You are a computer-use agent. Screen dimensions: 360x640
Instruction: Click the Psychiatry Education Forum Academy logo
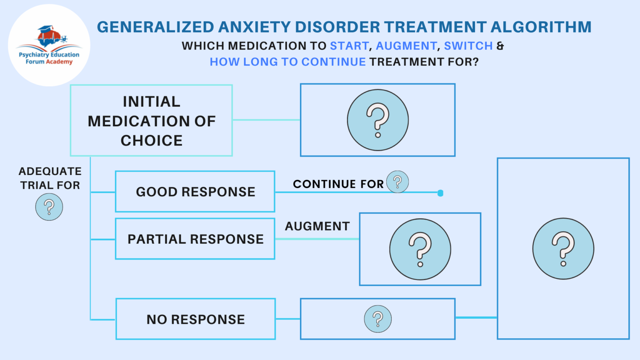tap(49, 45)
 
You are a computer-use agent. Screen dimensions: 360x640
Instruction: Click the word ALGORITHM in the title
tap(541, 27)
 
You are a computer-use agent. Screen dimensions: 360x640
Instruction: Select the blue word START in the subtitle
tap(349, 46)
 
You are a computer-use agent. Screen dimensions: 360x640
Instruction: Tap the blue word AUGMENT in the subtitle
tap(406, 46)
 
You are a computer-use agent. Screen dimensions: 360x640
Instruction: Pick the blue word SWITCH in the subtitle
tap(468, 46)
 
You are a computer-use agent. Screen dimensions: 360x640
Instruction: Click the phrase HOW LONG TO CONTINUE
tap(287, 62)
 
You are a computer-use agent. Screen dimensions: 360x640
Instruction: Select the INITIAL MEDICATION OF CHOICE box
tap(151, 121)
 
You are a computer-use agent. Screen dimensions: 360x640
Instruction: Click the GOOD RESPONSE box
tap(195, 192)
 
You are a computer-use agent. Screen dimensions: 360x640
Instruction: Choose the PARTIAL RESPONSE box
tap(195, 239)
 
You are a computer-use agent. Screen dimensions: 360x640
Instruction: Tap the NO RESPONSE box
tap(195, 319)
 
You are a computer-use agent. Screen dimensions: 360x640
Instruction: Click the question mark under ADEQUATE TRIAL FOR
tap(49, 207)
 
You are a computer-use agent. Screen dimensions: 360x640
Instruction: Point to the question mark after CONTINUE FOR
tap(397, 182)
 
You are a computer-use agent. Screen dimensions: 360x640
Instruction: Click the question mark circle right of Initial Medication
tap(378, 120)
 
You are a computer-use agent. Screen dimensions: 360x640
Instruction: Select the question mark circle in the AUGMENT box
tap(420, 249)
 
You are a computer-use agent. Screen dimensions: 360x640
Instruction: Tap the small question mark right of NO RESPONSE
tap(378, 319)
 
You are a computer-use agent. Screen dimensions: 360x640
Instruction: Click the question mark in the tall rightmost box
tap(563, 249)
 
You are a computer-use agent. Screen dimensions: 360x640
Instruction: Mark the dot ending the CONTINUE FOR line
tap(440, 193)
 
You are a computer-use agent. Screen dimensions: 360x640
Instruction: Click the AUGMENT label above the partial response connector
tap(317, 226)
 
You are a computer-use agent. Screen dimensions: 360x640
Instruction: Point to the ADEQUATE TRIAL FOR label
tap(50, 178)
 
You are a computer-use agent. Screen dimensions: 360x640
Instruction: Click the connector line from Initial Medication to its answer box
tap(266, 120)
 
